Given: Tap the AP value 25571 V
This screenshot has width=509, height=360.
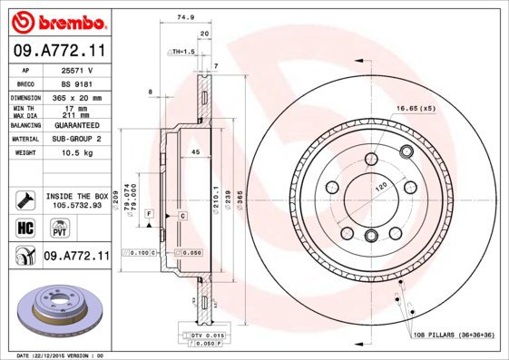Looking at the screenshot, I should click(x=76, y=69).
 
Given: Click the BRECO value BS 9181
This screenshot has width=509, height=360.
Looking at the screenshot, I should click(x=76, y=82).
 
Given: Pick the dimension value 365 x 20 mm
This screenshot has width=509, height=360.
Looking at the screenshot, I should click(x=76, y=96).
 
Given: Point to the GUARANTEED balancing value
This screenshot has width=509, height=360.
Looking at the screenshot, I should click(x=76, y=126).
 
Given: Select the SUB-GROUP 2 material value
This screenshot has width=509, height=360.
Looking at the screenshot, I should click(x=76, y=140).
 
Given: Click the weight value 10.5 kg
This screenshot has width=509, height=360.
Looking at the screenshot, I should click(x=76, y=153).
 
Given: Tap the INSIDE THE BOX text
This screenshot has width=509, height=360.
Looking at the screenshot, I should click(x=76, y=196).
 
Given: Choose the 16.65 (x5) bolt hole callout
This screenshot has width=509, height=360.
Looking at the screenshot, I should click(x=416, y=109).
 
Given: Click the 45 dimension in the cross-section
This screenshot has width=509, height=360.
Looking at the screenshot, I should click(x=195, y=152).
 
